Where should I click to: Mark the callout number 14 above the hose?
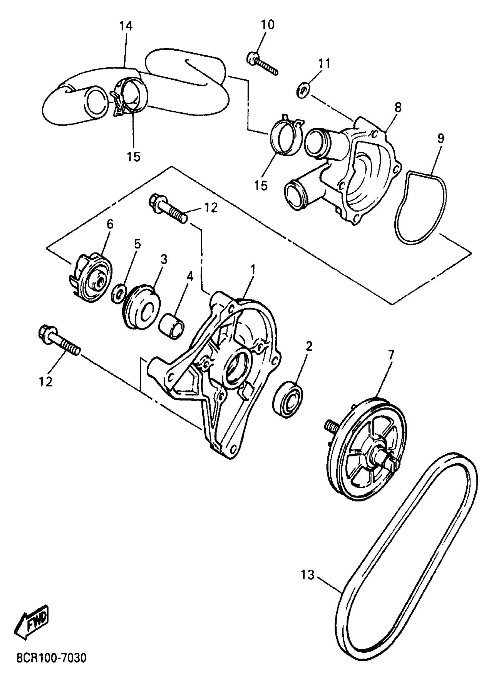(x=126, y=26)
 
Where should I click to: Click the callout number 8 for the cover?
(x=398, y=108)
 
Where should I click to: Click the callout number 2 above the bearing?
(x=309, y=346)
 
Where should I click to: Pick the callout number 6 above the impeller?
(x=110, y=224)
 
